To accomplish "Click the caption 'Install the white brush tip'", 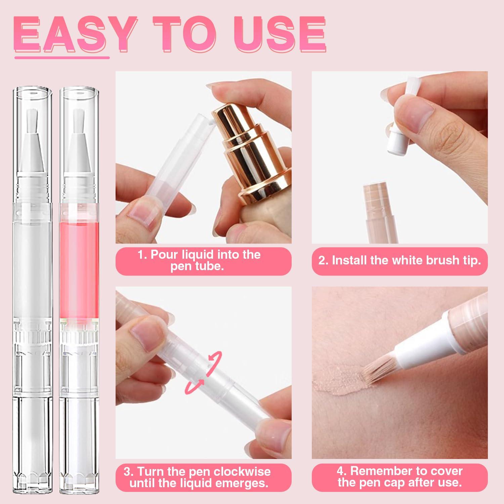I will [400, 261].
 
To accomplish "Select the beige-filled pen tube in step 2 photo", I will [380, 212].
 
